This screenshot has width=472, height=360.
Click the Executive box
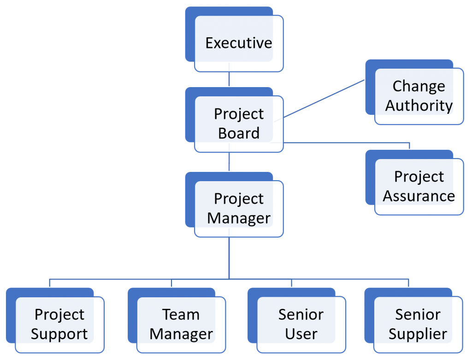(238, 43)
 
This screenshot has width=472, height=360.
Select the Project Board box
(238, 124)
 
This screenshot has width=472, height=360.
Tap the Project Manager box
(238, 208)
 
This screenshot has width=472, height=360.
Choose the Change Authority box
(419, 96)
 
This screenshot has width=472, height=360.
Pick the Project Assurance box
(419, 186)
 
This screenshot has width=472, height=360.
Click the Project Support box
(59, 325)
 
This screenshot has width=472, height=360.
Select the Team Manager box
(181, 325)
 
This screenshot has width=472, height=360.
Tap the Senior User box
(301, 325)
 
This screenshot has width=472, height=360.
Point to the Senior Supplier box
(418, 325)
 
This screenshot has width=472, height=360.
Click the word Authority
(419, 106)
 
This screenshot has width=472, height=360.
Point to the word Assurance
(419, 196)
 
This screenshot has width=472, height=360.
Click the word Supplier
(418, 334)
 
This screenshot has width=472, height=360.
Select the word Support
(59, 334)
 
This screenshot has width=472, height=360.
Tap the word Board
(239, 133)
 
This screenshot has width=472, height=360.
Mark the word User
(301, 334)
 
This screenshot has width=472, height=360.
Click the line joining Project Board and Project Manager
(229, 162)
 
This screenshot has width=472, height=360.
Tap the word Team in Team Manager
(181, 315)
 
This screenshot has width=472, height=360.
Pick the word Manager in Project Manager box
(238, 218)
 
